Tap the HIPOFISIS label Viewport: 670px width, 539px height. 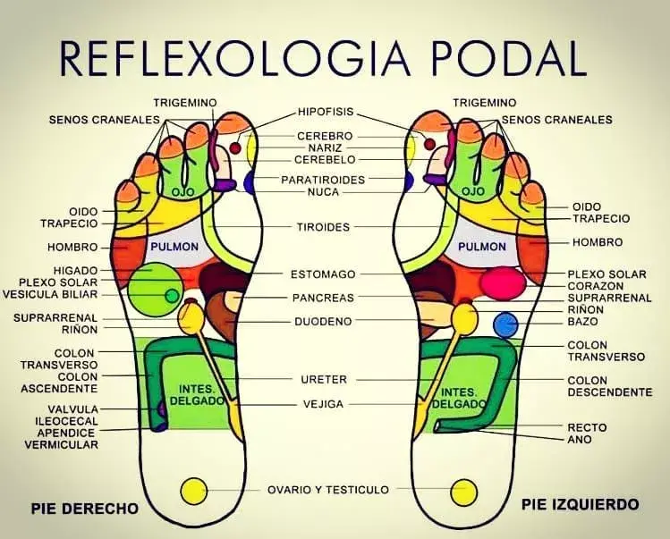pyautogui.click(x=326, y=112)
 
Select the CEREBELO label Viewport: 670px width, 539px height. pyautogui.click(x=326, y=159)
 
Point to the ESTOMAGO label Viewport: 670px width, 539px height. pyautogui.click(x=323, y=274)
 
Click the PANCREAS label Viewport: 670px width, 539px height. pyautogui.click(x=323, y=297)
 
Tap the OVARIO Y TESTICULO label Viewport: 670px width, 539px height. pyautogui.click(x=328, y=489)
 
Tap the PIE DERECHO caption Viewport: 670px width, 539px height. pyautogui.click(x=85, y=509)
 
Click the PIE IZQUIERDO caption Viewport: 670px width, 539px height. pyautogui.click(x=581, y=505)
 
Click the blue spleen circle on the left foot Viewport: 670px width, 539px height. pyautogui.click(x=505, y=324)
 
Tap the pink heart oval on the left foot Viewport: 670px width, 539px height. pyautogui.click(x=502, y=282)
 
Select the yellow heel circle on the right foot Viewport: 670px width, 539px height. pyautogui.click(x=193, y=491)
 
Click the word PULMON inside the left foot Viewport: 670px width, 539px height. pyautogui.click(x=481, y=246)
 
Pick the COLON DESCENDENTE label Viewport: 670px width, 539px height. pyautogui.click(x=609, y=386)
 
